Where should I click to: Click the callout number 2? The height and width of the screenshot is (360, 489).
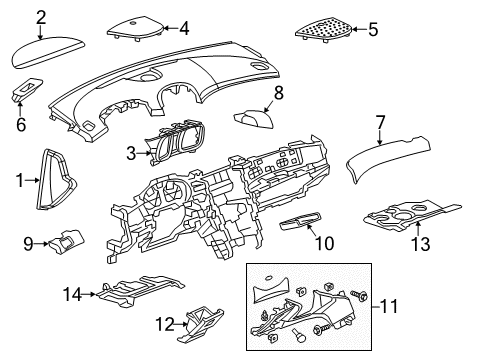pos(41,16)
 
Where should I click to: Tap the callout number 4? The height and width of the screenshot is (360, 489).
pos(184,28)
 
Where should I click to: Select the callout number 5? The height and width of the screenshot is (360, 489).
pos(373,30)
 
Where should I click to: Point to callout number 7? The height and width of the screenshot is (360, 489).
pos(380,123)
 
